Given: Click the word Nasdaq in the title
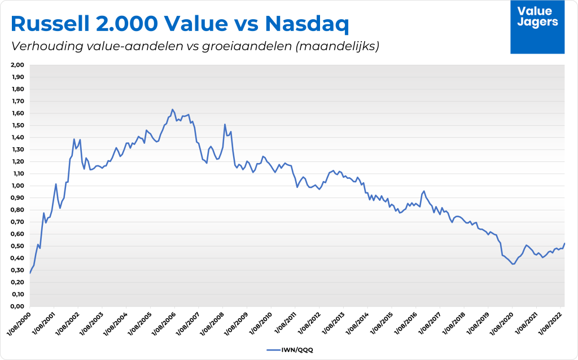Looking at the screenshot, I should (x=306, y=24).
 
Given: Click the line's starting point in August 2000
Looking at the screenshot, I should (x=30, y=273).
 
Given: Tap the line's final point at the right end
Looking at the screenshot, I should (x=564, y=243).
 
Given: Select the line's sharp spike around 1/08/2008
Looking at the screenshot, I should (x=225, y=125).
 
